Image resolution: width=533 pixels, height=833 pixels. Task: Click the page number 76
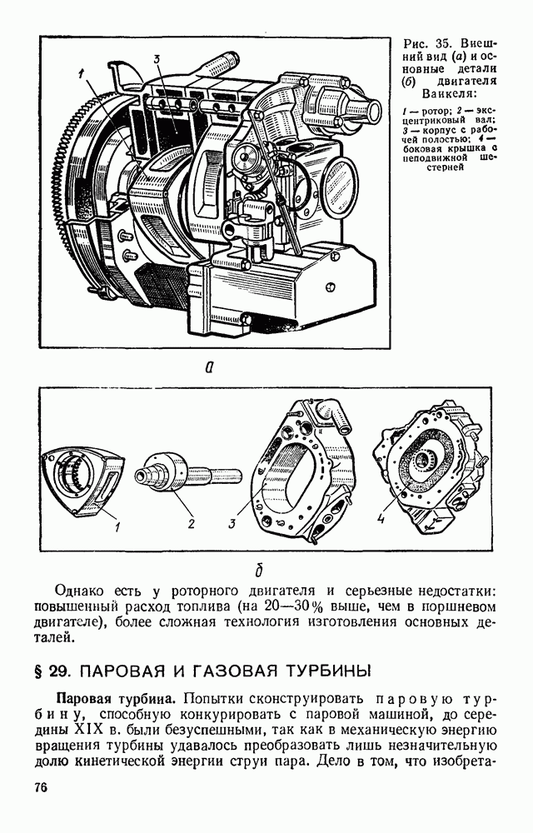pos(41,787)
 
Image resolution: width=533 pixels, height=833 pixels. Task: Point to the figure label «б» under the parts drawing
pos(259,570)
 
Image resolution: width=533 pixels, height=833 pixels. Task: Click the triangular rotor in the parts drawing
pos(83,480)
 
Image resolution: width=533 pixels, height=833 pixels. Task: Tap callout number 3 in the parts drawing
pos(232,523)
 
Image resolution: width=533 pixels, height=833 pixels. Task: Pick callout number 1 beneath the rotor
pos(117,526)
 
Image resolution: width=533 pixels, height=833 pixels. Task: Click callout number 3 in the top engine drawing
pos(157,59)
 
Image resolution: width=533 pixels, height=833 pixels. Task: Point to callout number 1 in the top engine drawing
pos(81,75)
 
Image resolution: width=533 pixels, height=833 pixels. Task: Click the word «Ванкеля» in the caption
pos(449,94)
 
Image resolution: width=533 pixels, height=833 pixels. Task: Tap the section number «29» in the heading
pos(57,671)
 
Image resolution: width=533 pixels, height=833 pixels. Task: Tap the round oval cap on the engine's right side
pos(337,182)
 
